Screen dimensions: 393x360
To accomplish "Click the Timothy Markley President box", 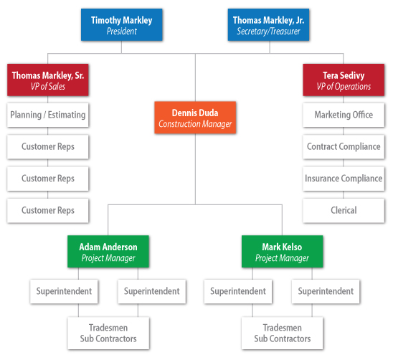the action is pos(122,25).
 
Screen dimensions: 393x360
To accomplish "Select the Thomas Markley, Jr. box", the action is pos(268,25).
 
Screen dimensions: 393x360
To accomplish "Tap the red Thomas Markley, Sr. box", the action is pos(48,80).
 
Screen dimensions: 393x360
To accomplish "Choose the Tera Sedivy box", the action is pos(344,80).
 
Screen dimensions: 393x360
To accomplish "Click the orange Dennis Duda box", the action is pos(195,118).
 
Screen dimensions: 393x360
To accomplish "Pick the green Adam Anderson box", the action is pos(108,252).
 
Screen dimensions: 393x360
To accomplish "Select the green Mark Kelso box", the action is pos(283,252).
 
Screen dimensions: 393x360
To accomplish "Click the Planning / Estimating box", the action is pos(48,115).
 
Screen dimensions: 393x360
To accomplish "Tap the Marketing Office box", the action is pos(344,115).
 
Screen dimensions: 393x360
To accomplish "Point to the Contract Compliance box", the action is pos(344,147).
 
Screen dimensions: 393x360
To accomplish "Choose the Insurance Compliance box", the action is pos(344,179).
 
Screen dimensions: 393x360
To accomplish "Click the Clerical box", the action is pos(344,211).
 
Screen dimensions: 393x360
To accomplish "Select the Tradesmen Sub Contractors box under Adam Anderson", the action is pos(108,333).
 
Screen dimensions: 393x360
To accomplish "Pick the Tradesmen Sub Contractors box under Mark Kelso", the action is pos(283,333).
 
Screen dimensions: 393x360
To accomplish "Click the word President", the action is pos(122,32).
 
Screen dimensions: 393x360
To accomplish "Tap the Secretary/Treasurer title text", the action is pos(268,32).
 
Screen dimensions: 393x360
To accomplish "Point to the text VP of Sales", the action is pos(48,87).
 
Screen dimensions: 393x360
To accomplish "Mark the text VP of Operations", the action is pos(344,87).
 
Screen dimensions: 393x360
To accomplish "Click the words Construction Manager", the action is pos(195,124).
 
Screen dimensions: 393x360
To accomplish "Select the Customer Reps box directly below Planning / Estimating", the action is pos(48,147).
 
